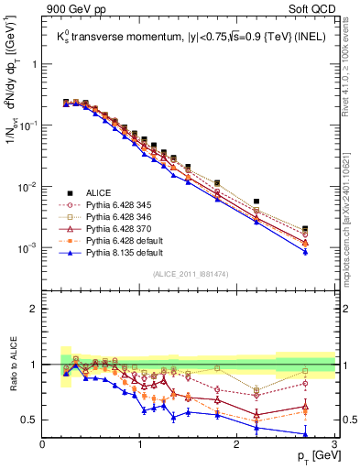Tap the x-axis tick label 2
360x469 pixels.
click(237, 443)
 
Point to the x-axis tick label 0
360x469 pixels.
click(43, 443)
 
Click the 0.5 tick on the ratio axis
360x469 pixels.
click(31, 420)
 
